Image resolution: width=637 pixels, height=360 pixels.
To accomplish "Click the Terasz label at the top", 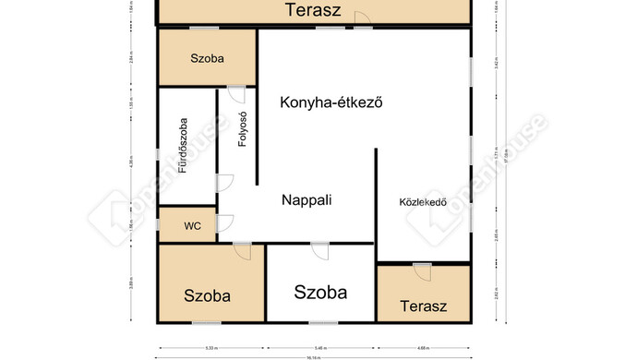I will [x=314, y=11].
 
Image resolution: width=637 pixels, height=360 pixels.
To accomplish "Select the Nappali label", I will [x=306, y=198].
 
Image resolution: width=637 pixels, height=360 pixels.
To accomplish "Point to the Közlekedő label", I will [x=422, y=201].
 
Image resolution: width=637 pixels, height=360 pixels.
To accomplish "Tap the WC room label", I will [x=192, y=225].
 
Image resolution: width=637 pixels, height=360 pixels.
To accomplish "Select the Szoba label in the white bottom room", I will [x=320, y=293].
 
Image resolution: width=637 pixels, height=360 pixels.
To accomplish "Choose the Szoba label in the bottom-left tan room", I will [x=207, y=296].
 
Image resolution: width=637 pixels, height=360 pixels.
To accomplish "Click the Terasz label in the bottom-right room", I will [x=424, y=306].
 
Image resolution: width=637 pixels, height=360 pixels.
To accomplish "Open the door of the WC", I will [x=224, y=223].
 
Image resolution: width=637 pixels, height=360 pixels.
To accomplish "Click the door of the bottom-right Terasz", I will [x=422, y=271].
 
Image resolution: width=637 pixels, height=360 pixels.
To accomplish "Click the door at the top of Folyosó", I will [x=236, y=94].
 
